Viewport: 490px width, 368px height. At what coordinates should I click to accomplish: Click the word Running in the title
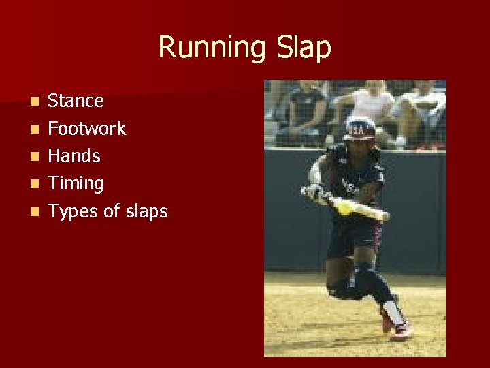[210, 48]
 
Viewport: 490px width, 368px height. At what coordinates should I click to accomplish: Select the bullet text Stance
[76, 101]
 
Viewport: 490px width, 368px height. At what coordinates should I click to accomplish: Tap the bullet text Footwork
[86, 128]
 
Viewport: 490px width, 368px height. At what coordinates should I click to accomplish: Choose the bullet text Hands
[73, 156]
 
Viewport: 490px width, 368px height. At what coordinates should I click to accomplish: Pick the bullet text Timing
[75, 183]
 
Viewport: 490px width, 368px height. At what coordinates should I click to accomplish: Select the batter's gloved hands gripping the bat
[318, 194]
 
